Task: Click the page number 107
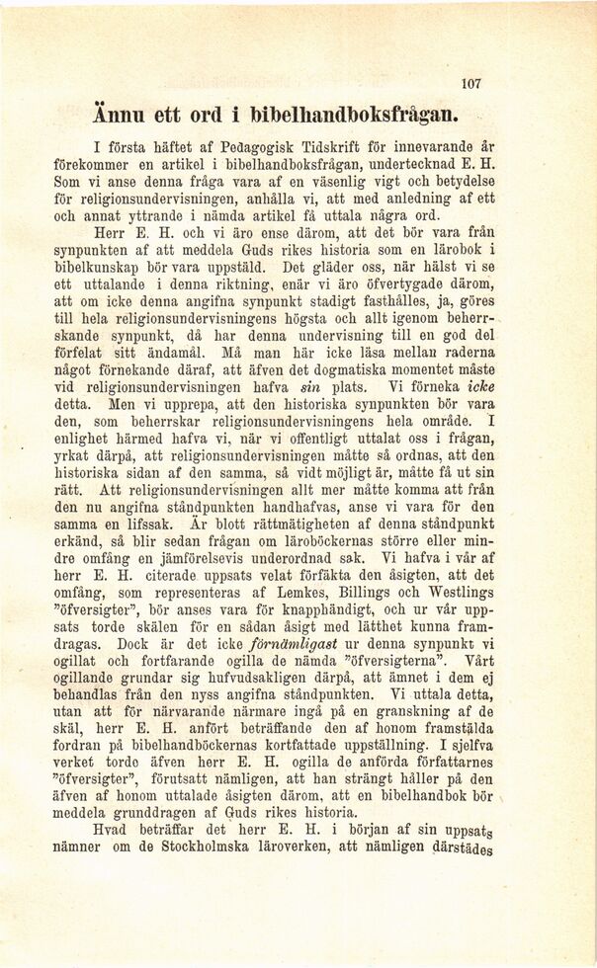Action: (470, 85)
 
